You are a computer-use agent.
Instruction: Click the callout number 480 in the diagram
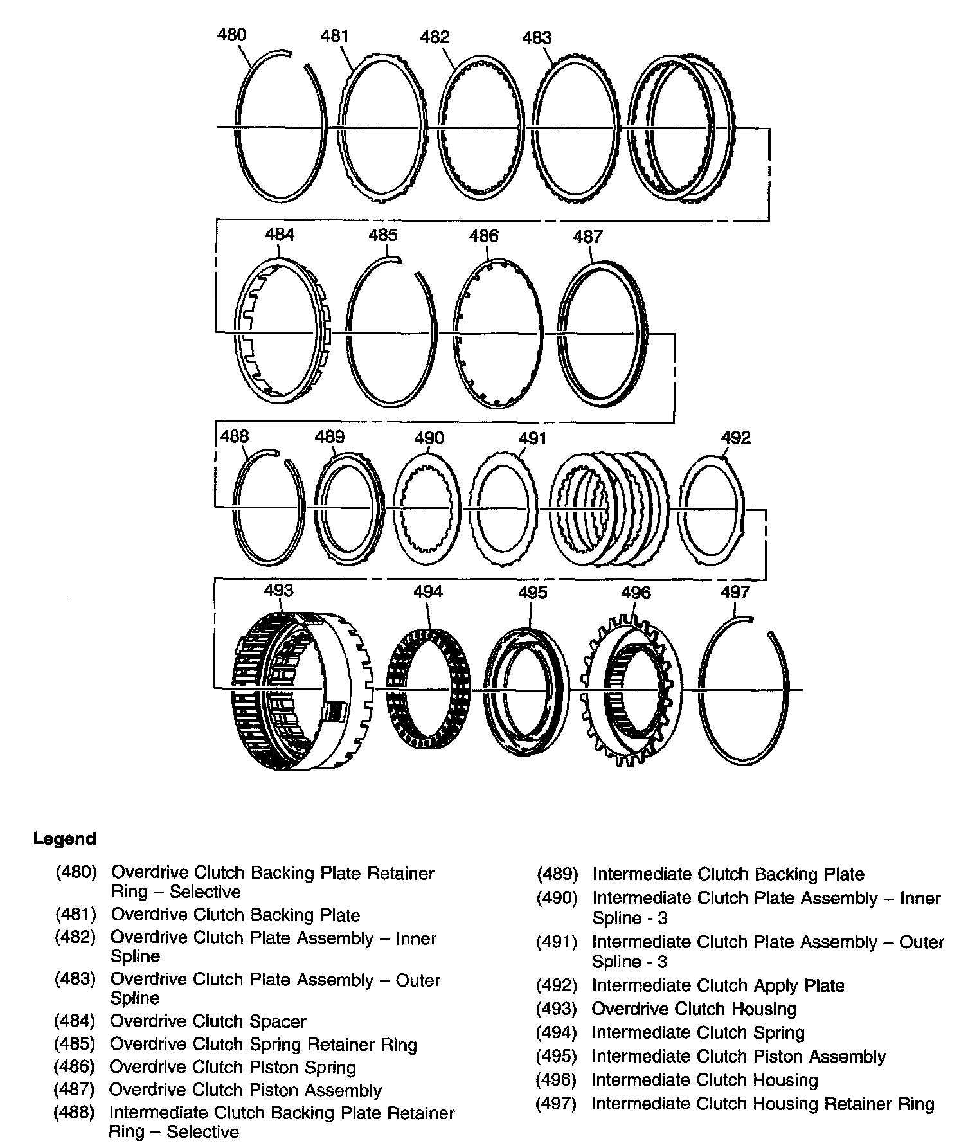click(x=231, y=35)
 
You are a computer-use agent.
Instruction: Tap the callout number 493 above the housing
click(x=278, y=590)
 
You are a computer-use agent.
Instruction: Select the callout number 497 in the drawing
click(x=735, y=591)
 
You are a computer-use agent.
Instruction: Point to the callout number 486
click(x=483, y=236)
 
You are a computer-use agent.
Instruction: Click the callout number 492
click(x=735, y=438)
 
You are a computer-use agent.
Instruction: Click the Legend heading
click(x=64, y=839)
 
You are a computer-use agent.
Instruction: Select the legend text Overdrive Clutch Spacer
click(x=208, y=1021)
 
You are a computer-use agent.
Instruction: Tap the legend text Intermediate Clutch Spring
click(x=698, y=1033)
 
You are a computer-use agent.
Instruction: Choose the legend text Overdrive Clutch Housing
click(x=694, y=1009)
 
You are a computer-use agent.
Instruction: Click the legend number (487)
click(x=75, y=1090)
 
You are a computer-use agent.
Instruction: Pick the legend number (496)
click(x=557, y=1081)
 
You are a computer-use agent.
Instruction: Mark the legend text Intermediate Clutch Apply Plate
click(x=718, y=986)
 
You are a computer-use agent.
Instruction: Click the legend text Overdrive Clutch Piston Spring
click(x=233, y=1068)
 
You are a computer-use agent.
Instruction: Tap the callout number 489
click(x=329, y=438)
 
